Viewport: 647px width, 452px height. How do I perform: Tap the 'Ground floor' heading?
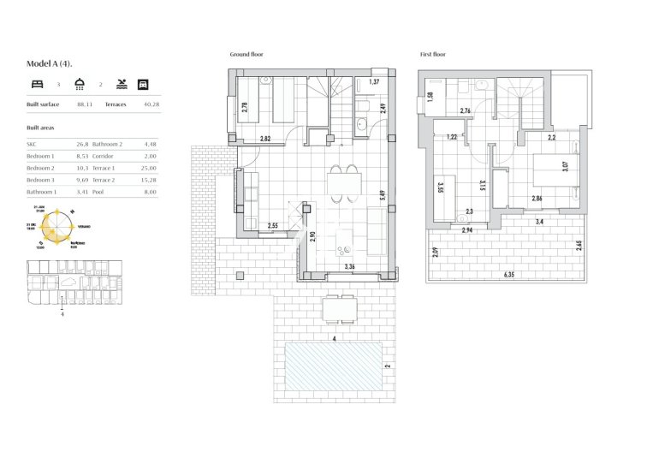tap(246, 55)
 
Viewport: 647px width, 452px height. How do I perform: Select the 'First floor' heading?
tap(433, 55)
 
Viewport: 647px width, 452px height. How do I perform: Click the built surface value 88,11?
tap(85, 104)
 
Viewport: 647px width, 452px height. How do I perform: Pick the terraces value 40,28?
tap(152, 104)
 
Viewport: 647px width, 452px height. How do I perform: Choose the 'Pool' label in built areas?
tap(99, 193)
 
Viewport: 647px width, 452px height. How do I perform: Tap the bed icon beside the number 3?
tap(36, 84)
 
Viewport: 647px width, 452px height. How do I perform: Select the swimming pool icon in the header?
tap(122, 84)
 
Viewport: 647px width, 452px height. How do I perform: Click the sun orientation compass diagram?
tap(60, 229)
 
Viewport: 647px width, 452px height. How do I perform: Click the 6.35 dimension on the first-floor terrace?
tap(509, 275)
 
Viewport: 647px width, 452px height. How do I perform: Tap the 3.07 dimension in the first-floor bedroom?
tap(566, 166)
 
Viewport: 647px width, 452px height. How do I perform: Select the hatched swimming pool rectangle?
tap(333, 365)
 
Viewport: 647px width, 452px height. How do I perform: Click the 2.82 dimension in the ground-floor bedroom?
tap(265, 139)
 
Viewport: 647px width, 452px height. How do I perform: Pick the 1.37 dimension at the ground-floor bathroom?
tap(373, 82)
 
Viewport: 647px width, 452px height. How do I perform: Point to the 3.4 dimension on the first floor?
tap(538, 222)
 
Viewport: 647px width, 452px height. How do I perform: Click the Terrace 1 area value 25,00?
tap(152, 169)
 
